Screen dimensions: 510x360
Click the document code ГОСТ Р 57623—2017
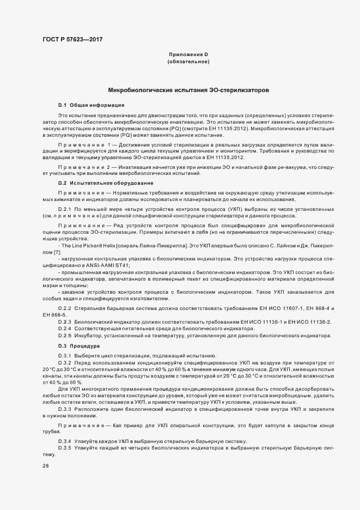point(72,39)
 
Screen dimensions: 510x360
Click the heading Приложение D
point(188,54)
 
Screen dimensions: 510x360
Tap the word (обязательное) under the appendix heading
point(188,62)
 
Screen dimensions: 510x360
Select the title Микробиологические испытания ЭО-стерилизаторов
point(188,89)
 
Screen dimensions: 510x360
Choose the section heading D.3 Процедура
point(79,346)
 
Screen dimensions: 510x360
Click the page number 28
point(45,466)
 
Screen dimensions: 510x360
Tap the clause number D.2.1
point(65,209)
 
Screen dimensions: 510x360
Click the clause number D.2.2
point(65,308)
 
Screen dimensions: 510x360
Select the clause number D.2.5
point(65,335)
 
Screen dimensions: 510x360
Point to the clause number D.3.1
point(65,355)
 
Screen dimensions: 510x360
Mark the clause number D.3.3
point(65,408)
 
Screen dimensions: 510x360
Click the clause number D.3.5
point(65,447)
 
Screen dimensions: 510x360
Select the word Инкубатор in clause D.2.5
point(88,335)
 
